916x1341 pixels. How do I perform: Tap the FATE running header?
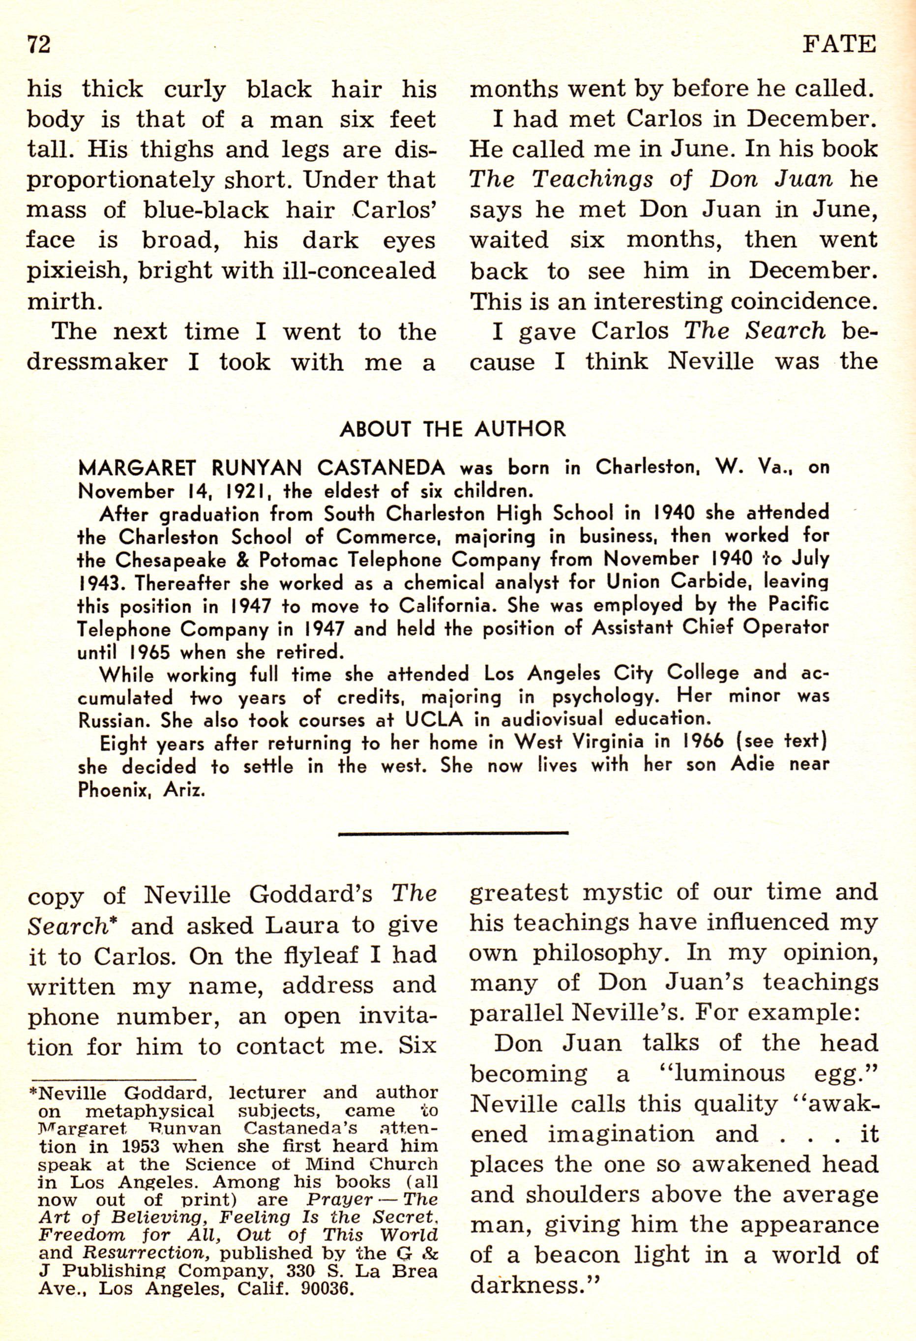coord(839,44)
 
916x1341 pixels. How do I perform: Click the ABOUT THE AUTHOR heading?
coord(453,429)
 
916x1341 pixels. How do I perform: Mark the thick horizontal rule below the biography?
coord(453,833)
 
